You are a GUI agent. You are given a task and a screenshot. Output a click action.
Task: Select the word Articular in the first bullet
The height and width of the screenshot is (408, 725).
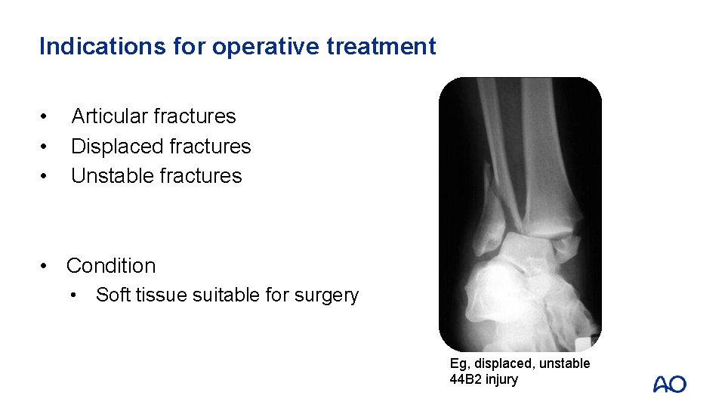coord(109,116)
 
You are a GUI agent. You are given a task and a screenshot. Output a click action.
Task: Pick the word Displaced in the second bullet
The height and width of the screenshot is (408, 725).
coord(114,146)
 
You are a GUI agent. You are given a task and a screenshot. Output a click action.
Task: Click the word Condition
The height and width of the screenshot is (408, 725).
coord(111,266)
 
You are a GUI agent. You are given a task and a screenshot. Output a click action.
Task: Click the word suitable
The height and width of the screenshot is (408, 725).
coord(227,295)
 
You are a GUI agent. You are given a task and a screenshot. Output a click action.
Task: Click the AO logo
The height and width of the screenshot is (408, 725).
coord(669,384)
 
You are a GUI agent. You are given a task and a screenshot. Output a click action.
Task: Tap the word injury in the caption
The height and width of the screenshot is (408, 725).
coord(502,379)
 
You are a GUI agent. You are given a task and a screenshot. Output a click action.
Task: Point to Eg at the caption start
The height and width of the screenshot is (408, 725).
coord(458,363)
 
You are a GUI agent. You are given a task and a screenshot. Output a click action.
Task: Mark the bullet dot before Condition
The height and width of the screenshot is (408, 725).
coord(47,266)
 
